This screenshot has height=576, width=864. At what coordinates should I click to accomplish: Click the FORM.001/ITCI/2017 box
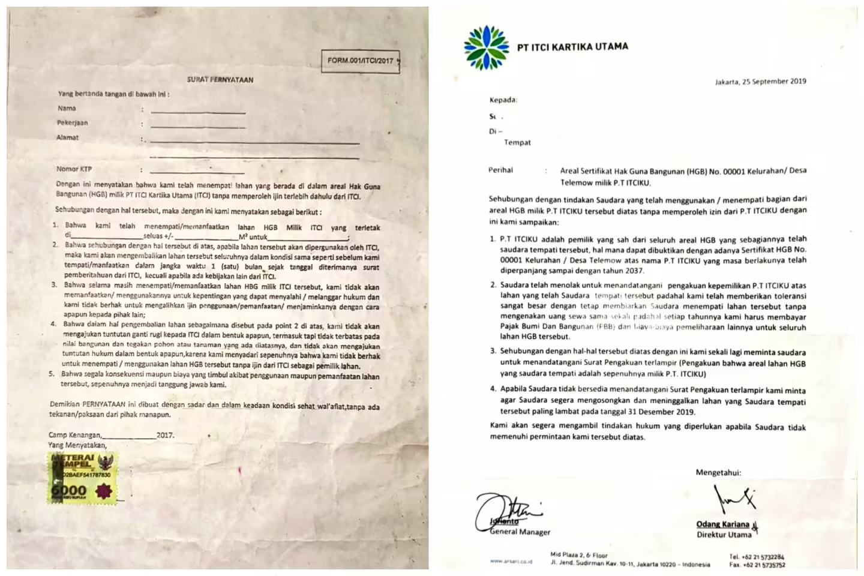point(360,61)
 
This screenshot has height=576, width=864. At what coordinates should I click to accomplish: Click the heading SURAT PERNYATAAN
point(220,79)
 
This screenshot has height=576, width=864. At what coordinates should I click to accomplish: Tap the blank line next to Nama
point(198,112)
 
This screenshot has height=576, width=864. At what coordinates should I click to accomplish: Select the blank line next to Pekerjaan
point(198,127)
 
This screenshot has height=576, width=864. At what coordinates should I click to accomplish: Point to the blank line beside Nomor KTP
point(197,172)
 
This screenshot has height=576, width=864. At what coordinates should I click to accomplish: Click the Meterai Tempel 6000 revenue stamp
point(82,478)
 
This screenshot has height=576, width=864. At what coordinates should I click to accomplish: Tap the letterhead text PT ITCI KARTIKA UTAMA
point(572,46)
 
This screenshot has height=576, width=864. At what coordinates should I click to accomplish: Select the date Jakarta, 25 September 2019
point(760,82)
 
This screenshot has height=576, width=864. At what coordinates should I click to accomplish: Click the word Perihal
point(500,170)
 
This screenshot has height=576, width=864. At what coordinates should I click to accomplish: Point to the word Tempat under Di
point(517,142)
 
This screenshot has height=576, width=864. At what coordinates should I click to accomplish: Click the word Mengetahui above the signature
point(718,472)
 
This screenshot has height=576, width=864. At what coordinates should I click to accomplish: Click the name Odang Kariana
point(722,524)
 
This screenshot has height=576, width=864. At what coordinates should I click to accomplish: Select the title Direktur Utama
point(724,535)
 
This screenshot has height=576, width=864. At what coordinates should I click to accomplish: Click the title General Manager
point(520,532)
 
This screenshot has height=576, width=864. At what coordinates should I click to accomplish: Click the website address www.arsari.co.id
point(511,562)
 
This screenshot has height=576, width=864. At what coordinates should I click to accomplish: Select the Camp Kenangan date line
point(111,435)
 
